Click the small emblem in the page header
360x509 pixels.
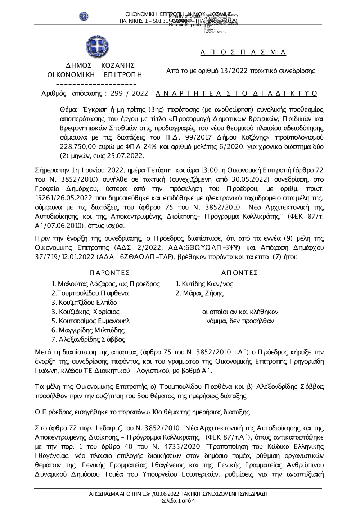coord(84,16)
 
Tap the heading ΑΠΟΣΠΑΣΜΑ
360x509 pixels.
coord(243,53)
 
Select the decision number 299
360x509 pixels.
coord(116,94)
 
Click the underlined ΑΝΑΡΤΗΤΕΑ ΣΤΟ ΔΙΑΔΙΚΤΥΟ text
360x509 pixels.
coord(237,94)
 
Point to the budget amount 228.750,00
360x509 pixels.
coord(76,147)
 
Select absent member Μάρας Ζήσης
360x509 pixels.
coord(202,293)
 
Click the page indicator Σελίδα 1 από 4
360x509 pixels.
coord(178,500)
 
